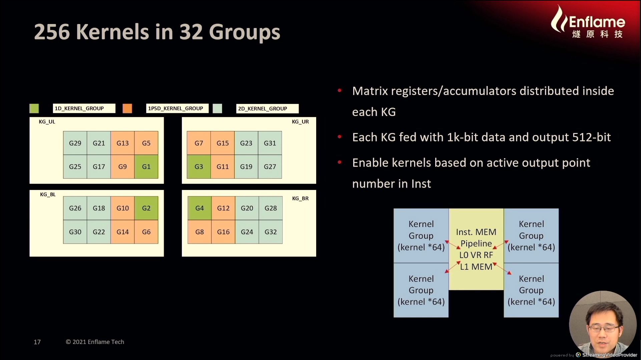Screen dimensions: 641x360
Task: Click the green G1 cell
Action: click(x=146, y=167)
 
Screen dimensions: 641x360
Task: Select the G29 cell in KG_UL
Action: click(x=75, y=143)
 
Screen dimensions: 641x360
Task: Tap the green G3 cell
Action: click(x=199, y=167)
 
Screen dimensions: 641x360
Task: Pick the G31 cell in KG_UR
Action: click(x=270, y=143)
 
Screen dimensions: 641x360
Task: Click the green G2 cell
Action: click(x=146, y=208)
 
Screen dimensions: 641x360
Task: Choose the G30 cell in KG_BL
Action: click(x=75, y=232)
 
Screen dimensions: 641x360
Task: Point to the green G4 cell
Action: click(x=199, y=208)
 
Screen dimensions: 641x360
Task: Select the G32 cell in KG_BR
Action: click(x=270, y=232)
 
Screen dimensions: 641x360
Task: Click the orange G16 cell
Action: click(x=223, y=232)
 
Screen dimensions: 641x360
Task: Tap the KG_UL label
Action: click(x=47, y=122)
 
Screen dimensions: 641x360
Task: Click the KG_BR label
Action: click(x=300, y=198)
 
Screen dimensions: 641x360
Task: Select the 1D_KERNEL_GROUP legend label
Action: click(x=84, y=108)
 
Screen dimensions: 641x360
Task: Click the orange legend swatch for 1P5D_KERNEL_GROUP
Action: click(x=127, y=108)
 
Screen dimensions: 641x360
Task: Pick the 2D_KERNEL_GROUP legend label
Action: click(x=267, y=109)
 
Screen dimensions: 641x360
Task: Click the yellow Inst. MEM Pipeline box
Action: click(x=476, y=249)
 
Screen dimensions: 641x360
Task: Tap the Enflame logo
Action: click(x=588, y=22)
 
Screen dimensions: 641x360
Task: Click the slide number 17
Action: click(x=37, y=342)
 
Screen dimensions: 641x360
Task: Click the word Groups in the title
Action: click(x=244, y=33)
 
